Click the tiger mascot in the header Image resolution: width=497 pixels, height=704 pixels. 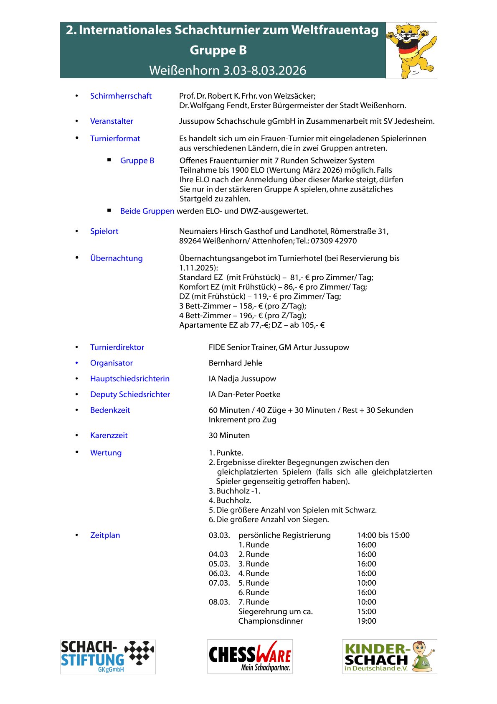coord(411,50)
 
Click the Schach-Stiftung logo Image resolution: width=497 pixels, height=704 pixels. coord(108,656)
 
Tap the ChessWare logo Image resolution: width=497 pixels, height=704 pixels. coord(250,656)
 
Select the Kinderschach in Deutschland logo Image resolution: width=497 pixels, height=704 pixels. coord(389,656)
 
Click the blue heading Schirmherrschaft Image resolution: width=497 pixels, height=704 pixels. coord(121,96)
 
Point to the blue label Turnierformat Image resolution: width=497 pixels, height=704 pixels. coord(115,138)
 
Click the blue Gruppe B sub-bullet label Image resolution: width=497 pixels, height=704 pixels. coord(137,161)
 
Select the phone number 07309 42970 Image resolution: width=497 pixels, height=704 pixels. coord(334,241)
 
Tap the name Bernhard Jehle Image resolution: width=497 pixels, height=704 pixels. coord(236,363)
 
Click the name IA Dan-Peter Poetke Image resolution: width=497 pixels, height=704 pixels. coord(244,394)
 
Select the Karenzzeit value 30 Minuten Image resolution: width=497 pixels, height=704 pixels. coord(229,435)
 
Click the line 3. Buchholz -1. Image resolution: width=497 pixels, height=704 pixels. coord(234,491)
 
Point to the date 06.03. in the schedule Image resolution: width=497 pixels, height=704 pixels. coord(219,573)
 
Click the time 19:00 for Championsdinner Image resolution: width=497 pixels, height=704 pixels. coord(366,621)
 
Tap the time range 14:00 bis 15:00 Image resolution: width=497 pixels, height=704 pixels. coord(383,535)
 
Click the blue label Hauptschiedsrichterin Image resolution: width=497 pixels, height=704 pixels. coord(130,379)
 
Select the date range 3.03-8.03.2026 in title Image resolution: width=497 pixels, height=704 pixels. coord(264,70)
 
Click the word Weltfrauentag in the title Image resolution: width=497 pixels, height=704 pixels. coord(335,30)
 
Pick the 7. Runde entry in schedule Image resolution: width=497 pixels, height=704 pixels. coord(254,602)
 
